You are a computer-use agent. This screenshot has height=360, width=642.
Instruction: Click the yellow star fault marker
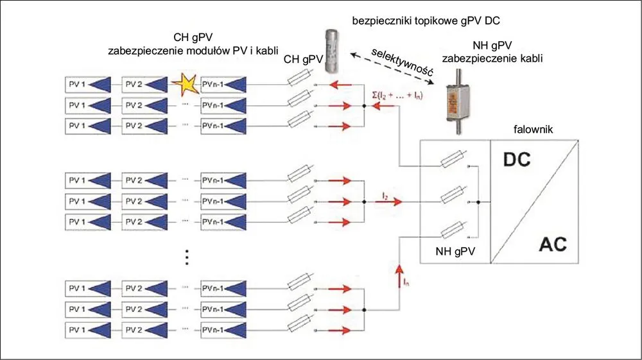[184, 84]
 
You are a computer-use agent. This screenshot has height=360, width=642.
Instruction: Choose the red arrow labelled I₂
[389, 201]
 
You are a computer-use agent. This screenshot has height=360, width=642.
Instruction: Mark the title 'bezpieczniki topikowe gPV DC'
[426, 21]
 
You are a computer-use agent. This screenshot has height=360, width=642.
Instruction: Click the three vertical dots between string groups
[187, 257]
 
